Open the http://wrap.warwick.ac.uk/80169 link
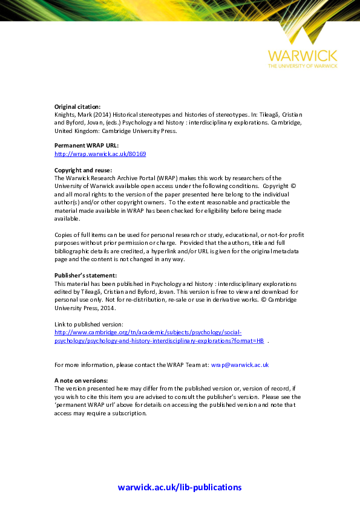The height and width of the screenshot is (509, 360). point(100,154)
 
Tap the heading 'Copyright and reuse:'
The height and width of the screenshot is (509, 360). point(83,170)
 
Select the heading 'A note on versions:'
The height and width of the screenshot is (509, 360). point(81,380)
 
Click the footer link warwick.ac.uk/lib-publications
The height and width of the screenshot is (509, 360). point(180,487)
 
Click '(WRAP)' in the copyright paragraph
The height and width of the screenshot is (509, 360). point(165,178)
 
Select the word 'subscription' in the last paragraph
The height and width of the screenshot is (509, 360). point(129,413)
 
